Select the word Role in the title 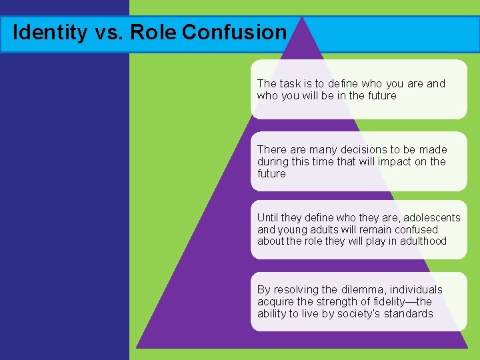[x=154, y=32]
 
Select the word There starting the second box [x=272, y=150]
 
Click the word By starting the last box [x=264, y=290]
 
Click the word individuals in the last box [x=417, y=290]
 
